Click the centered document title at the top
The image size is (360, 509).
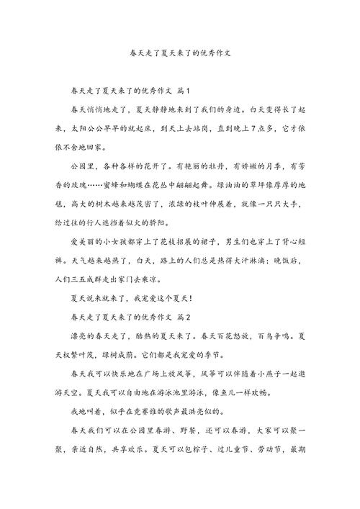(x=179, y=53)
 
